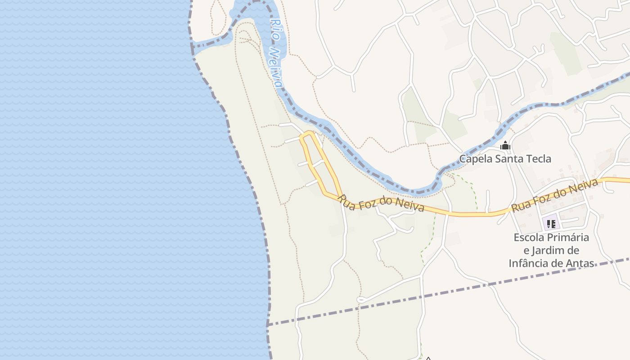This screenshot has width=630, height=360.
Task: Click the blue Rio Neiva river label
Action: (x=277, y=53)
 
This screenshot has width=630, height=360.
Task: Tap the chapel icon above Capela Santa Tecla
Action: (x=505, y=146)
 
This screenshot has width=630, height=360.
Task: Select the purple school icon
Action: (x=551, y=224)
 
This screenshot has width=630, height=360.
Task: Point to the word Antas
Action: (x=580, y=263)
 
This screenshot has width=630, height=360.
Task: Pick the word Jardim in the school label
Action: (x=553, y=251)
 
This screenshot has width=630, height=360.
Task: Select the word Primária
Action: (x=569, y=238)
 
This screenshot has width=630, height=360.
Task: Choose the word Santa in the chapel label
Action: (x=508, y=159)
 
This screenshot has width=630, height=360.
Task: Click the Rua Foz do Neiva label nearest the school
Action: (x=555, y=195)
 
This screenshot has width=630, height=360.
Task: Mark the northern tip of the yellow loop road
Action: (x=308, y=133)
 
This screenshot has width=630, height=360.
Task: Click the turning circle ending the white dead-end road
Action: (x=360, y=300)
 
